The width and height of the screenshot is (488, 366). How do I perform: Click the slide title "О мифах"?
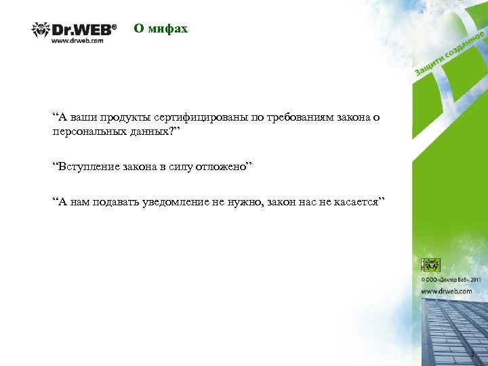coord(160,28)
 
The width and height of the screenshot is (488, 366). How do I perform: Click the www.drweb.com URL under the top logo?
coord(77,41)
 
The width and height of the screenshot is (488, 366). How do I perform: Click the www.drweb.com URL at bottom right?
coord(447,291)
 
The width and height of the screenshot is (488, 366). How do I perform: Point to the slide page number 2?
coord(472,354)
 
